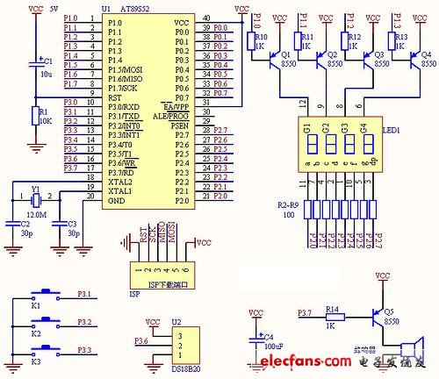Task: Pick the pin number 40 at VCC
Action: click(x=206, y=18)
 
